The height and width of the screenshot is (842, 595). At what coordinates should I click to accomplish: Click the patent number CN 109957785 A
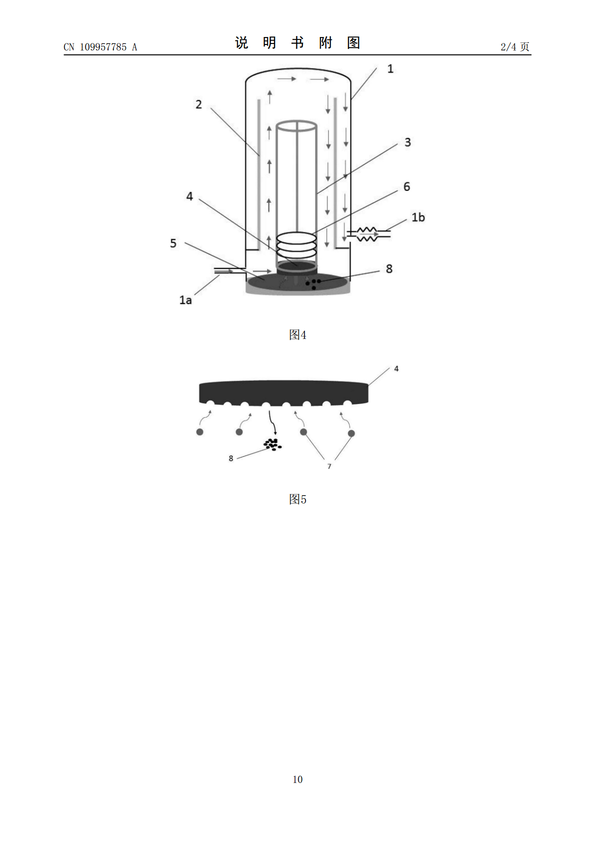click(100, 47)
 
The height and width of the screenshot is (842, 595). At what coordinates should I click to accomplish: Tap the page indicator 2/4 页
click(515, 46)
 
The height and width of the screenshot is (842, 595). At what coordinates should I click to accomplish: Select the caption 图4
click(297, 334)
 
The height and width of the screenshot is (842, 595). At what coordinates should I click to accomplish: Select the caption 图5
click(297, 499)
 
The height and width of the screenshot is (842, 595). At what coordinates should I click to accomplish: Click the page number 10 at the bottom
click(297, 779)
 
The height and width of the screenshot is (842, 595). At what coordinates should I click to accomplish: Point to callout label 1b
click(418, 217)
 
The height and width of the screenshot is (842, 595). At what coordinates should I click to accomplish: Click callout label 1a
click(185, 300)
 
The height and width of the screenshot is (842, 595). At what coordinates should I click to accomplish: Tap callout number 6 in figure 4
click(406, 186)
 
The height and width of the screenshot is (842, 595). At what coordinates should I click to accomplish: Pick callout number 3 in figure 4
click(407, 142)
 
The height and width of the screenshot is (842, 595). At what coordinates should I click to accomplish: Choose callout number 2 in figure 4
click(198, 104)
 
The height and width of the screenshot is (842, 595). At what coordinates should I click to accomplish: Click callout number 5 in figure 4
click(173, 243)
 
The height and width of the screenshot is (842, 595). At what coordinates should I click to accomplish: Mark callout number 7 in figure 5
click(329, 466)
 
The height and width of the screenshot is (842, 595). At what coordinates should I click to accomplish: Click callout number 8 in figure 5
click(231, 458)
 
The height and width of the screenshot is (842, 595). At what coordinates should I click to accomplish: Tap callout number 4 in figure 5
click(396, 369)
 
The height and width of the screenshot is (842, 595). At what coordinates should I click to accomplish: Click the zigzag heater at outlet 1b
click(367, 234)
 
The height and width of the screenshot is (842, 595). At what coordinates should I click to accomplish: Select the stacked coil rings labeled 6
click(296, 244)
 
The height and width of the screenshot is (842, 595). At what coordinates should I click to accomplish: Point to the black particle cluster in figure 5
click(272, 444)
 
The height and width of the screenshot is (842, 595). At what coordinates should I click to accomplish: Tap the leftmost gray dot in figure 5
click(200, 432)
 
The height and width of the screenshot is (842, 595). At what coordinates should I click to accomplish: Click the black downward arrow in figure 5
click(272, 423)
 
